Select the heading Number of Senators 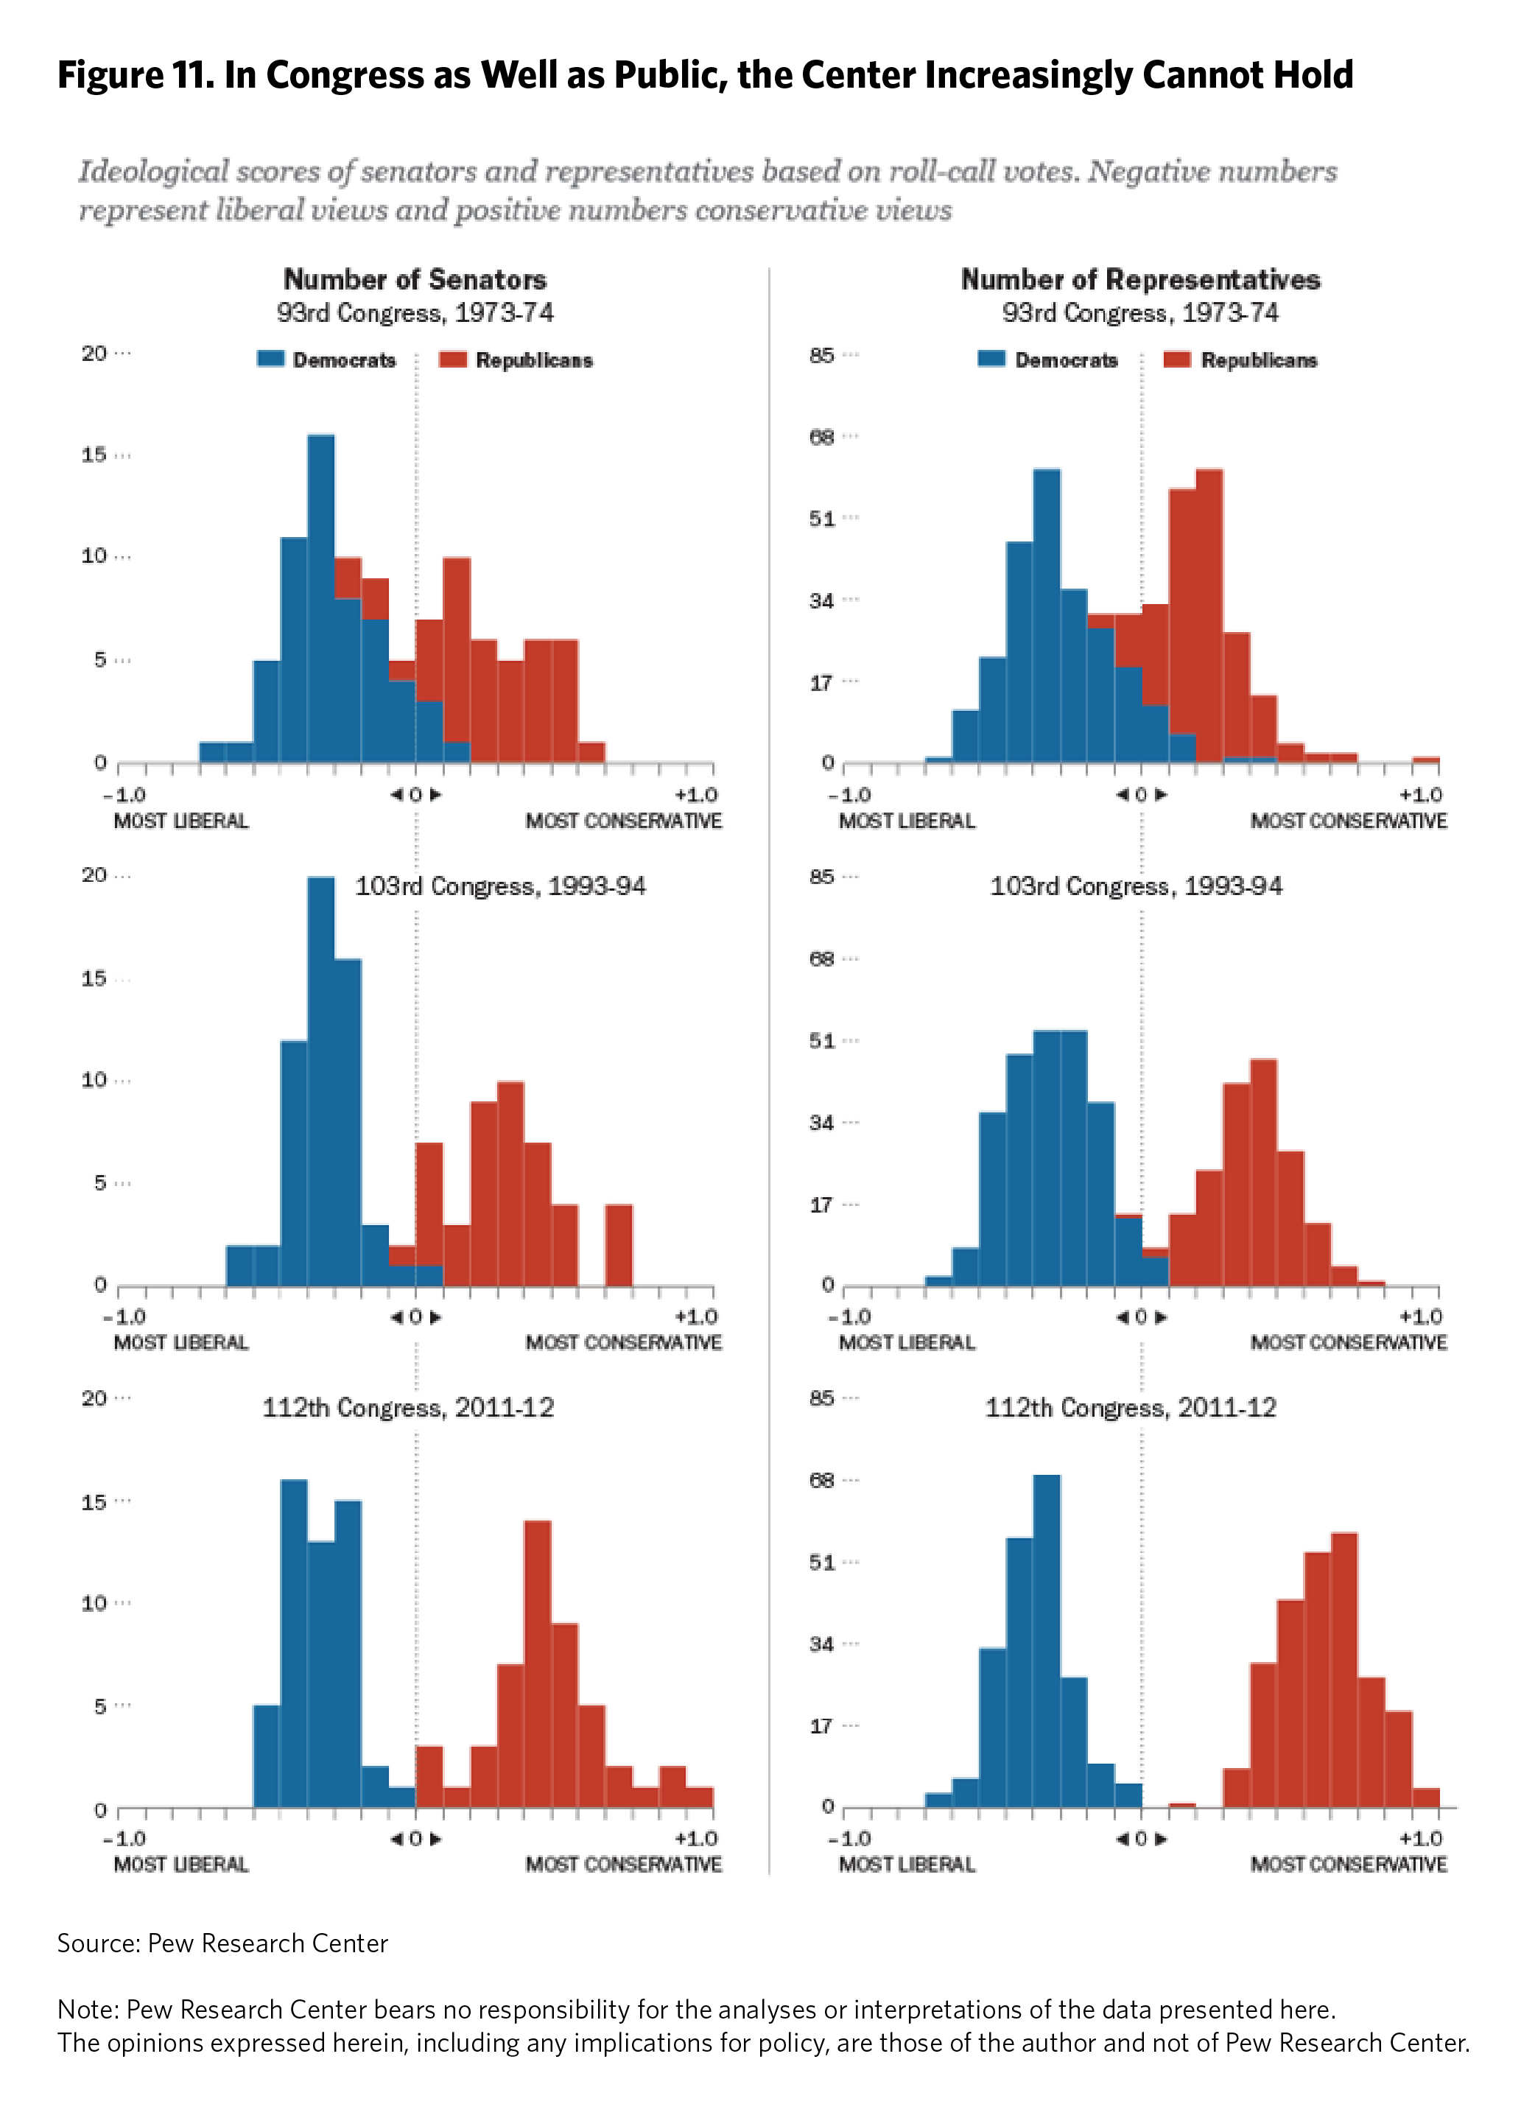pos(415,279)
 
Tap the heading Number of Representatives pos(1140,279)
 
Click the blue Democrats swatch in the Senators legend pos(271,359)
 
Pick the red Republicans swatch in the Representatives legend pos(1177,359)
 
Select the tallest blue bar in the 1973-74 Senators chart pos(321,597)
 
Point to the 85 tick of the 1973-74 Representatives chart pos(822,355)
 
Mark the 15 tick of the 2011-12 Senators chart pos(94,1501)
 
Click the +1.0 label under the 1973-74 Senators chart pos(695,795)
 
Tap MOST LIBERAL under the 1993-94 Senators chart pos(181,1342)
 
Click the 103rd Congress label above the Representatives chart pos(1135,886)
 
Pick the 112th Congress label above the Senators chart pos(408,1407)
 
